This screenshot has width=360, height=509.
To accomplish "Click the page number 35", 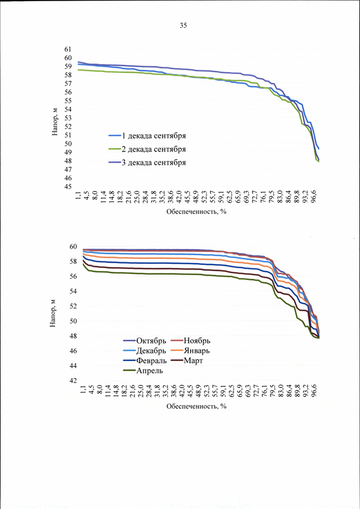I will point(183,26).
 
